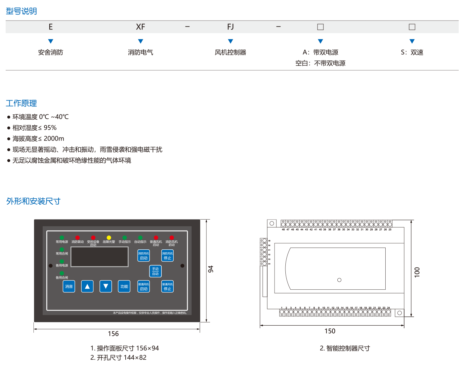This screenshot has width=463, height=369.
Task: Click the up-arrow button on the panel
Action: tap(87, 286)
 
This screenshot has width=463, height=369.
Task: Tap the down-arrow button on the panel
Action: tap(105, 286)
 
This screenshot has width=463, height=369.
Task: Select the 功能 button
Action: tap(124, 286)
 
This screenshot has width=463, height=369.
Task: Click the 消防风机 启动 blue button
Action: tap(144, 256)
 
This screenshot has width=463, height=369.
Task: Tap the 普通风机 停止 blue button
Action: tap(167, 286)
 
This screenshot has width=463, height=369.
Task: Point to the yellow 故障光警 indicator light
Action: tap(109, 237)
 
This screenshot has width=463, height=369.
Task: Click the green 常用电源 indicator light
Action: tap(62, 237)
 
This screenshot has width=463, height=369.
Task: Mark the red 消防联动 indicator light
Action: tap(77, 237)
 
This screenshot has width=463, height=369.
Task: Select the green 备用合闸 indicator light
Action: tap(62, 273)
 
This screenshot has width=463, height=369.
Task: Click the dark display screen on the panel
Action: tap(100, 257)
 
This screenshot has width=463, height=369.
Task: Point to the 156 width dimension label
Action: tap(113, 334)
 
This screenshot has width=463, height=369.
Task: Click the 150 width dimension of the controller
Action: tap(330, 331)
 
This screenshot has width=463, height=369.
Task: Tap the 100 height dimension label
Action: tap(417, 272)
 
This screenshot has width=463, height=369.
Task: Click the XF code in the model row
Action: tap(141, 27)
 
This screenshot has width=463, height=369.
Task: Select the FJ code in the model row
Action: tap(231, 27)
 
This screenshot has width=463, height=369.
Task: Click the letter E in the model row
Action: tap(51, 27)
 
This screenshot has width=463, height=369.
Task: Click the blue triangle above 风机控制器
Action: tap(231, 41)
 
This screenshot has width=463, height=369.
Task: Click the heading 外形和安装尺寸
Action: tap(33, 201)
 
